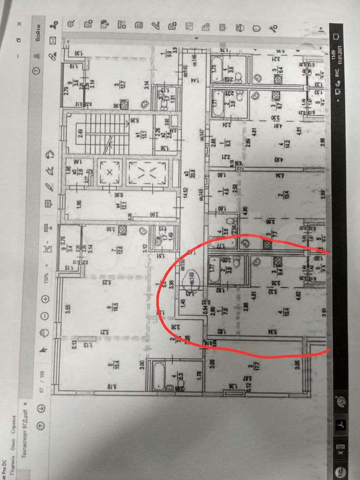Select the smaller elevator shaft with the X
click(109, 173)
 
